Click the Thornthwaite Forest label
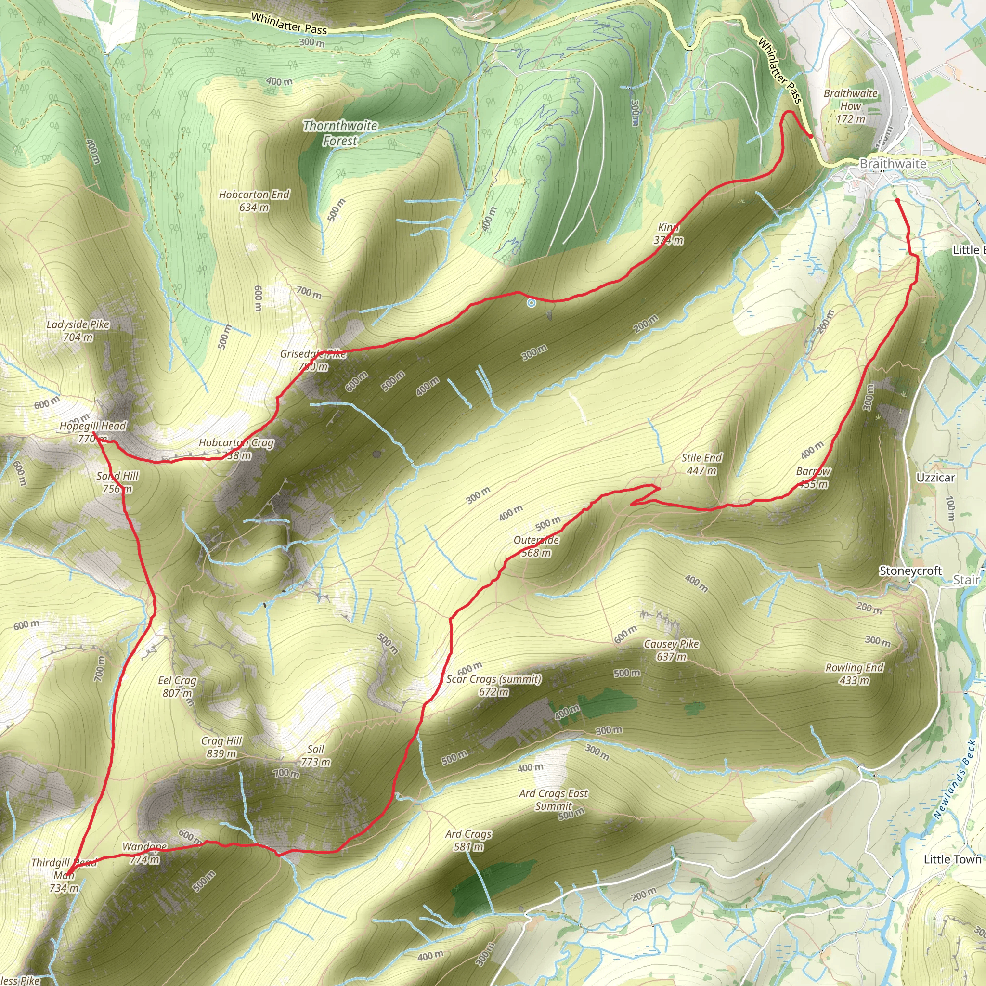click(340, 133)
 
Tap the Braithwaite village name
click(893, 164)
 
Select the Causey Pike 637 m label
click(671, 650)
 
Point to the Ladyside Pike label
click(78, 330)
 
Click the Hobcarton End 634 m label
click(254, 201)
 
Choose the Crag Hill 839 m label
click(221, 747)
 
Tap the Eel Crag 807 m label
click(177, 687)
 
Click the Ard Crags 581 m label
click(468, 840)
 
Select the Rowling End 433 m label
click(855, 674)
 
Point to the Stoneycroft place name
click(910, 571)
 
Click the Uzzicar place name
click(935, 478)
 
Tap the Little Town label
click(952, 859)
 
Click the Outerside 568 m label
click(536, 546)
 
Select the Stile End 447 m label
click(702, 464)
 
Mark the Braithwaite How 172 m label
click(851, 105)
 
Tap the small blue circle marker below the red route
click(532, 303)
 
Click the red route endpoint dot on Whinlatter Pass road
click(811, 136)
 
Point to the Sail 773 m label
click(316, 755)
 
